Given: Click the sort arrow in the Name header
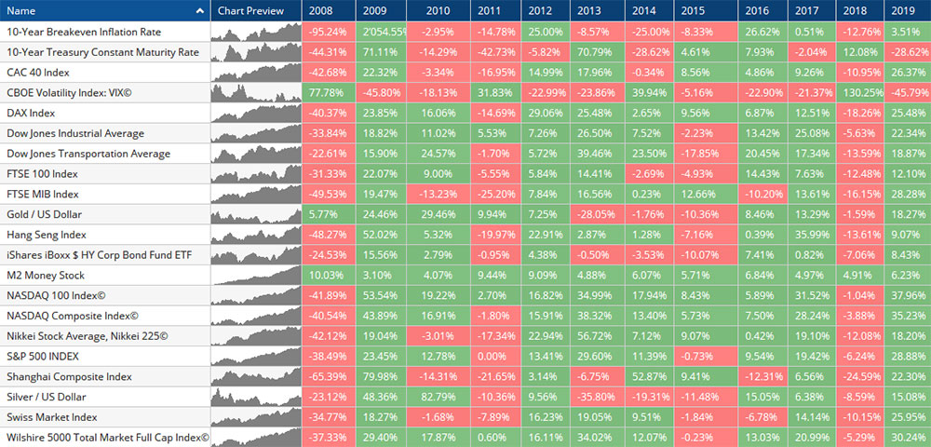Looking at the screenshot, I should click(x=200, y=11).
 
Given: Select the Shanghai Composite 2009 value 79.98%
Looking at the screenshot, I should click(x=380, y=376).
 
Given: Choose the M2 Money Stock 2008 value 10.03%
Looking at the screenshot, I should click(x=324, y=275).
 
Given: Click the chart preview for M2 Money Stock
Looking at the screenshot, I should click(x=255, y=275).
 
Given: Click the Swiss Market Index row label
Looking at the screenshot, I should click(x=52, y=417).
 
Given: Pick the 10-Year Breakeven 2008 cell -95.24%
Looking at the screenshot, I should click(x=324, y=32).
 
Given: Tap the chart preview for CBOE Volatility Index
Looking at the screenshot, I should click(x=255, y=92).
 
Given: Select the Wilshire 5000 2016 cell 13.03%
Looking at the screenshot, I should click(x=760, y=438).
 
